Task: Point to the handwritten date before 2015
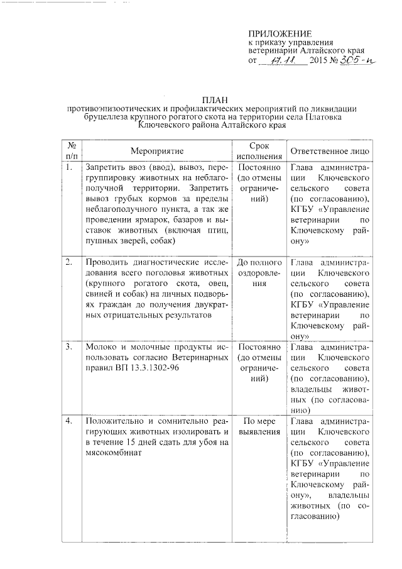[x=283, y=61]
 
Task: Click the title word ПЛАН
[x=213, y=100]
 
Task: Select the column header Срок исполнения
[x=254, y=151]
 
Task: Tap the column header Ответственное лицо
[x=330, y=152]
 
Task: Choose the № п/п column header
[x=72, y=151]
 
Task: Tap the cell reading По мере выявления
[x=254, y=426]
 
